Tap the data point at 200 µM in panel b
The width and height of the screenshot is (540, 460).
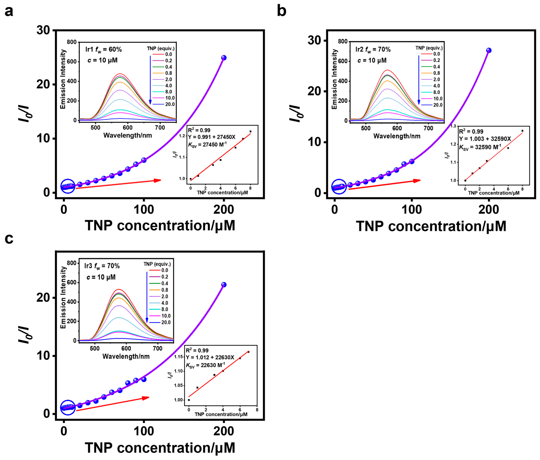489,50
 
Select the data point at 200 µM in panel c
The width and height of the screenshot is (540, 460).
224,285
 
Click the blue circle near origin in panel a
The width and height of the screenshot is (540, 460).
68,186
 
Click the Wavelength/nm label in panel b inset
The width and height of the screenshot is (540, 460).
397,136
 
